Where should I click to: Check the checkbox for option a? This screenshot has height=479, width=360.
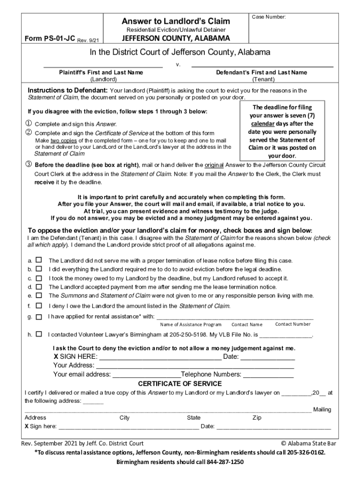point(39,260)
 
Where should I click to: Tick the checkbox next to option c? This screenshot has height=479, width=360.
point(39,278)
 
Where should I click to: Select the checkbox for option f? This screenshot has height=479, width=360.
point(39,306)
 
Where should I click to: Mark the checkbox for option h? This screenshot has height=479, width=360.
point(39,334)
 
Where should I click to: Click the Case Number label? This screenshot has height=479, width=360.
point(269,17)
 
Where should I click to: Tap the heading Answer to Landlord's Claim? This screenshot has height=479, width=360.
point(176,21)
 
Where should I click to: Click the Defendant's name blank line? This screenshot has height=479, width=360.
point(262,66)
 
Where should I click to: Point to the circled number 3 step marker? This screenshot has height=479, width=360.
point(29,165)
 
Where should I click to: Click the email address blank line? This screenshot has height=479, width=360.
point(146,375)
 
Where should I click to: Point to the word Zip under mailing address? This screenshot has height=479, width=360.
point(257,418)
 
